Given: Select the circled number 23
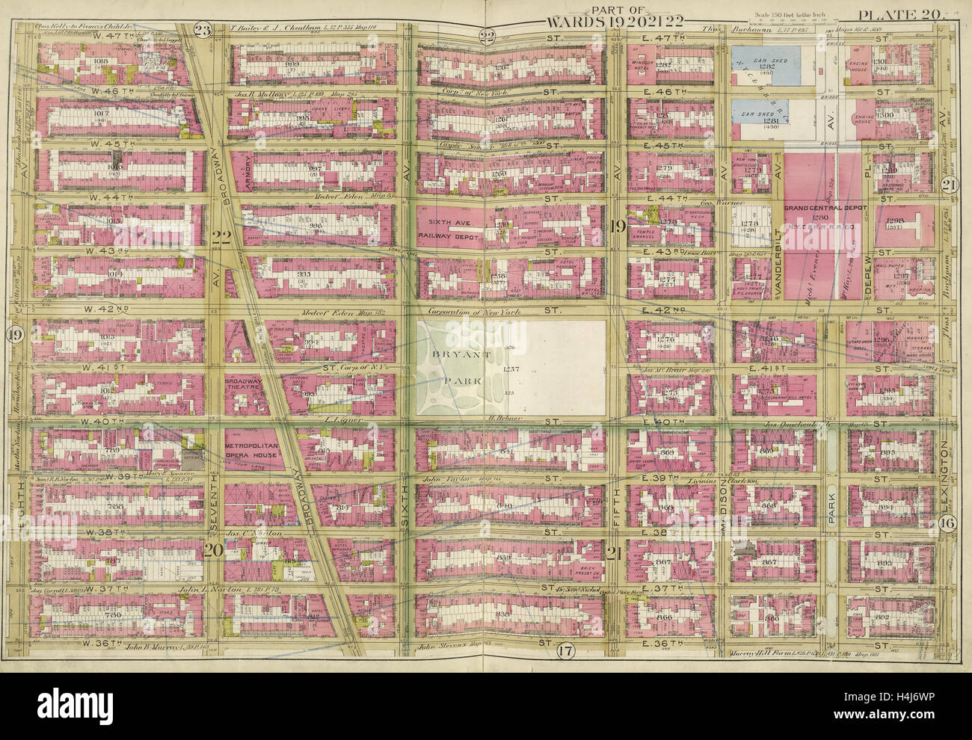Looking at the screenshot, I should (x=201, y=31).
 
